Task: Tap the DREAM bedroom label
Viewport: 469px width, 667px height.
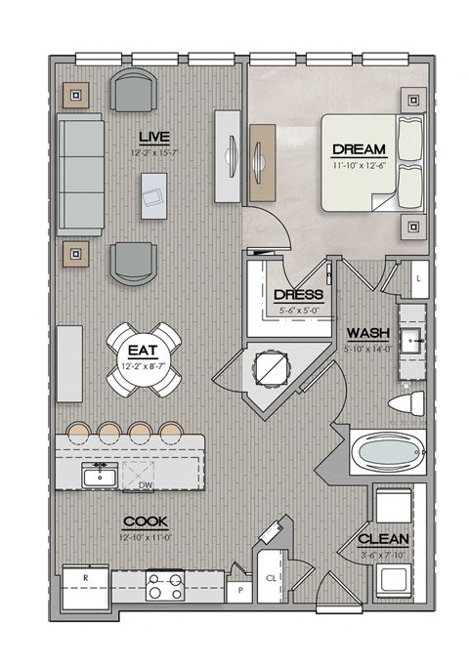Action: (x=359, y=149)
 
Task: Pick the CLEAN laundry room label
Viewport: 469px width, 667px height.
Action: (x=383, y=539)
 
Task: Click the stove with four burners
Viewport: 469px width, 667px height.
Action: (x=165, y=586)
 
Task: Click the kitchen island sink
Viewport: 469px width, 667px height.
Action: (x=98, y=477)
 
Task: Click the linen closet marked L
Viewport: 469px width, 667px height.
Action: (x=418, y=279)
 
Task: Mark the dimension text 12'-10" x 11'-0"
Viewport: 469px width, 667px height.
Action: (x=144, y=536)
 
